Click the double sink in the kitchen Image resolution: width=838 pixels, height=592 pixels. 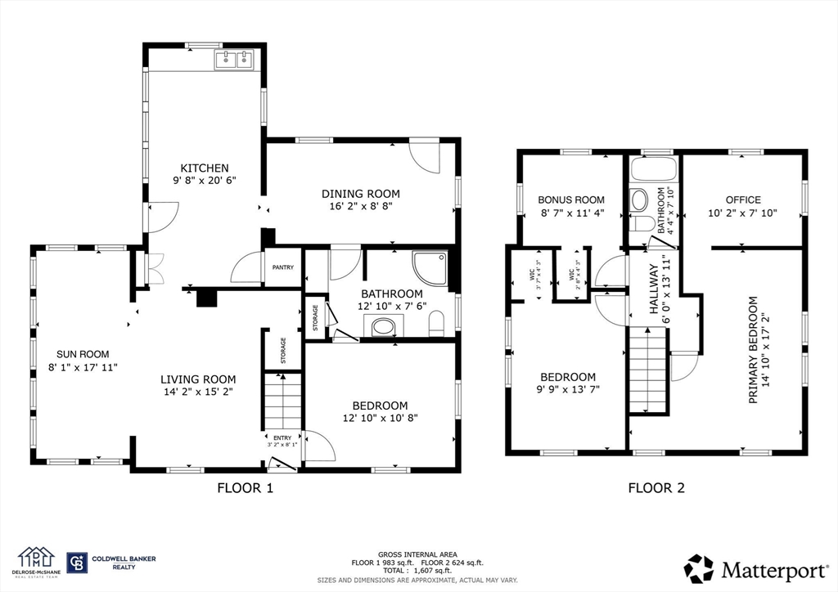click(x=234, y=59)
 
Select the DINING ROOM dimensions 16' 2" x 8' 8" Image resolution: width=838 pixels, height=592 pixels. click(x=361, y=207)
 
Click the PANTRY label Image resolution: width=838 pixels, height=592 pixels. click(x=283, y=267)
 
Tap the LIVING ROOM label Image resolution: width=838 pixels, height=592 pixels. click(x=198, y=379)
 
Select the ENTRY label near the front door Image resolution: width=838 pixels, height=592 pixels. click(x=282, y=438)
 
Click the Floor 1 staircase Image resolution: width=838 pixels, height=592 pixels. click(x=282, y=401)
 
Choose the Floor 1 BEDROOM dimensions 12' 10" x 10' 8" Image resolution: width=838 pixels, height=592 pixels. click(x=380, y=419)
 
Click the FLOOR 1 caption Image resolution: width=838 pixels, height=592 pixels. click(x=245, y=489)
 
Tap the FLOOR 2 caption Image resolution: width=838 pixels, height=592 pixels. click(x=656, y=489)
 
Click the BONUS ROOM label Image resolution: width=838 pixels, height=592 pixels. click(x=571, y=200)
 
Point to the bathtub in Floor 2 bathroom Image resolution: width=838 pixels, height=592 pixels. click(x=654, y=169)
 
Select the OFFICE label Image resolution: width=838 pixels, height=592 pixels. click(x=743, y=200)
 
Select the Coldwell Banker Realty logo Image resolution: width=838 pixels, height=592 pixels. click(x=111, y=563)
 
